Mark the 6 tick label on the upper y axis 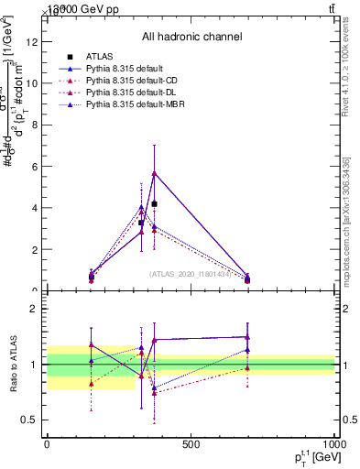[x=35, y=166]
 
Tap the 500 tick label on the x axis [x=191, y=444]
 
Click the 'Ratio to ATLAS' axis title [x=14, y=365]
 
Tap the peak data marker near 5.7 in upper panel [x=155, y=172]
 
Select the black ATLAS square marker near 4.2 [x=155, y=203]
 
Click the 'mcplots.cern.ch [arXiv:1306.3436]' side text [x=346, y=222]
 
